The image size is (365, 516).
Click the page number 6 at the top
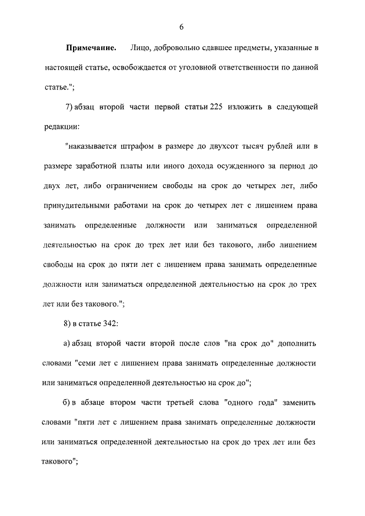pyautogui.click(x=181, y=27)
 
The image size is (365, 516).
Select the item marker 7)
pyautogui.click(x=70, y=107)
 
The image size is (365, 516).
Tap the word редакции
pyautogui.click(x=60, y=125)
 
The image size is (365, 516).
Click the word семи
pyautogui.click(x=84, y=363)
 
